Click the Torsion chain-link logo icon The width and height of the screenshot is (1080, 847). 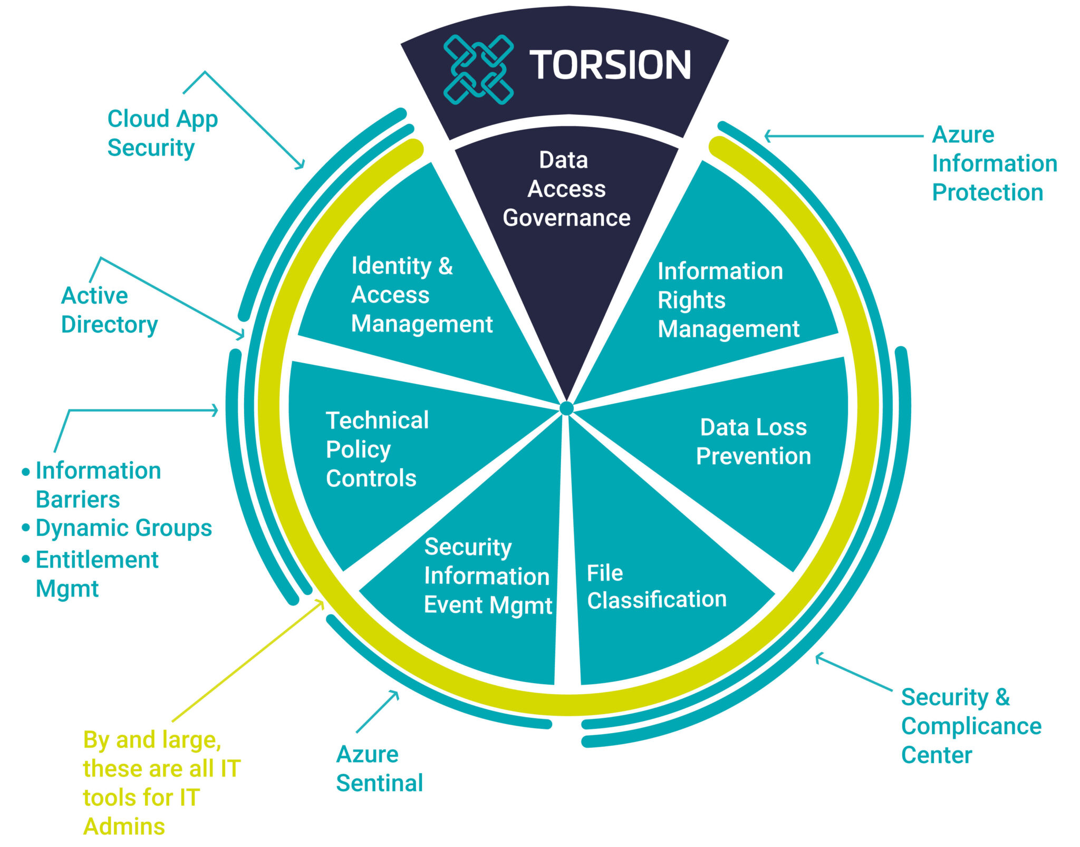(x=478, y=69)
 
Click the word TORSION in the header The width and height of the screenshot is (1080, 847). (x=610, y=65)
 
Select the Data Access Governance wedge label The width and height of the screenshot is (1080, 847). (x=566, y=189)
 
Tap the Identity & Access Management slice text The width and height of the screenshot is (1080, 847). (x=421, y=295)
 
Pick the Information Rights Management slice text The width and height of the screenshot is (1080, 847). (x=728, y=300)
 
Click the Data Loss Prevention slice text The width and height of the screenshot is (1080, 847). (x=753, y=442)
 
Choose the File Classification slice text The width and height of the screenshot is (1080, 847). (x=656, y=587)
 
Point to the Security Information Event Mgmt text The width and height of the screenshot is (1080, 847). (x=487, y=576)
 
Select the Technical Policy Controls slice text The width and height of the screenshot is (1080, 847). (x=377, y=449)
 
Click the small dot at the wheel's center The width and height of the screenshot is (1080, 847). (x=566, y=408)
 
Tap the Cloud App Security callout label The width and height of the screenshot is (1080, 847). (x=162, y=133)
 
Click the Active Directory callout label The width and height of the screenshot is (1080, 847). (x=109, y=310)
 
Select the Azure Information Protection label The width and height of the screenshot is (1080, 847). (x=994, y=163)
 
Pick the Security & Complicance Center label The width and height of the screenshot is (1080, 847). (x=970, y=726)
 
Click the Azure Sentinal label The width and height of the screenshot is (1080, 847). (x=379, y=768)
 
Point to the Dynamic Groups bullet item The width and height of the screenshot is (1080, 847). (x=123, y=528)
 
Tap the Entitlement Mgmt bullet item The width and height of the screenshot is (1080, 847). (x=96, y=573)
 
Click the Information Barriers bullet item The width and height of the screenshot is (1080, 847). (x=98, y=484)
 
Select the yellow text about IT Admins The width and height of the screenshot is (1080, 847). (x=160, y=783)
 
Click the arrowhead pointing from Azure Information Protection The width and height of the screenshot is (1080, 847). (x=768, y=136)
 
